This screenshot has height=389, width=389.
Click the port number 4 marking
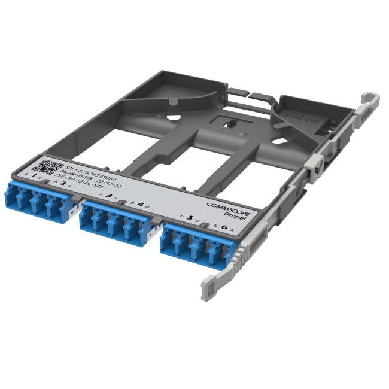point(140,205)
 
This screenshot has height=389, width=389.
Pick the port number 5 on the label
point(190,218)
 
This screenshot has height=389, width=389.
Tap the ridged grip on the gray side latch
point(242,254)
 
